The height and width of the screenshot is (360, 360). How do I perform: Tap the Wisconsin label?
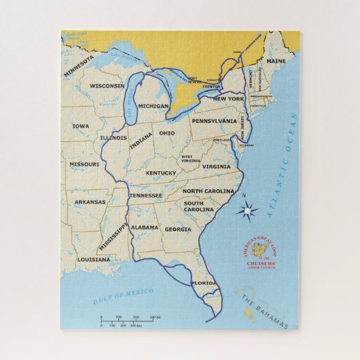click(x=107, y=86)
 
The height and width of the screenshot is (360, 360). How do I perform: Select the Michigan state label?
click(x=153, y=106)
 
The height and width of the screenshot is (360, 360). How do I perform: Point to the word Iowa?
click(x=80, y=126)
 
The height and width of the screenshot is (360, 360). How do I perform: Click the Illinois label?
click(x=113, y=138)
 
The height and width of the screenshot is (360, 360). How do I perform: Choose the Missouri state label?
click(x=84, y=164)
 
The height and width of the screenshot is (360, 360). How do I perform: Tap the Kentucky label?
click(x=161, y=173)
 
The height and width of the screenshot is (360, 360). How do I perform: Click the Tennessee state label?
click(x=146, y=196)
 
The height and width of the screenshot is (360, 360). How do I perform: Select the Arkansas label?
click(x=90, y=202)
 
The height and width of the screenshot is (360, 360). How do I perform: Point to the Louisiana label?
click(x=94, y=259)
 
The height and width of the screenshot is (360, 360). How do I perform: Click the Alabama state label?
click(x=145, y=228)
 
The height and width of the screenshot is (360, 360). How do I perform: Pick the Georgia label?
click(x=178, y=230)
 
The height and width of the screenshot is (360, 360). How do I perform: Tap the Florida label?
click(x=203, y=283)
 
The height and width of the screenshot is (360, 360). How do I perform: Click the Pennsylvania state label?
click(x=214, y=121)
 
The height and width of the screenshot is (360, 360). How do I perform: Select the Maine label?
click(x=276, y=61)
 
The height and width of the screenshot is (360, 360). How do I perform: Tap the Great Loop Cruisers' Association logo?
click(x=259, y=255)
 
